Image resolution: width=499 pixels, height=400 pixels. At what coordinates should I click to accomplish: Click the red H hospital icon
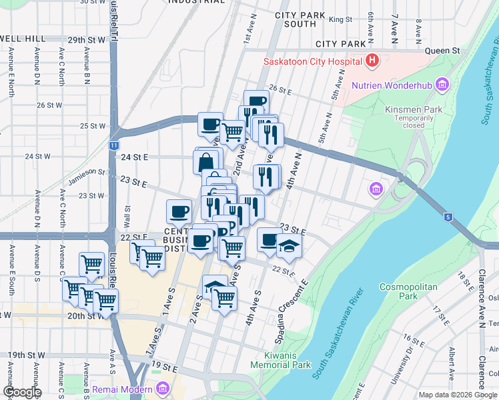pyautogui.click(x=372, y=62)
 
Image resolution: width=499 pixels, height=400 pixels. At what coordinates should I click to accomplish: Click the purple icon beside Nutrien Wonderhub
pyautogui.click(x=441, y=85)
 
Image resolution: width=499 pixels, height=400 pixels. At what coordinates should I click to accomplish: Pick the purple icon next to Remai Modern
pyautogui.click(x=163, y=387)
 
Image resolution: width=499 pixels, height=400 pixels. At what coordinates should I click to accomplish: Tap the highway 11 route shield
pyautogui.click(x=114, y=145)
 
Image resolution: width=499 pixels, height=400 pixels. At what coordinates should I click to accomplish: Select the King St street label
pyautogui.click(x=340, y=20)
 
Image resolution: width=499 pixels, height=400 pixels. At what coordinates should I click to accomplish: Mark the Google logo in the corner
pyautogui.click(x=21, y=392)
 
